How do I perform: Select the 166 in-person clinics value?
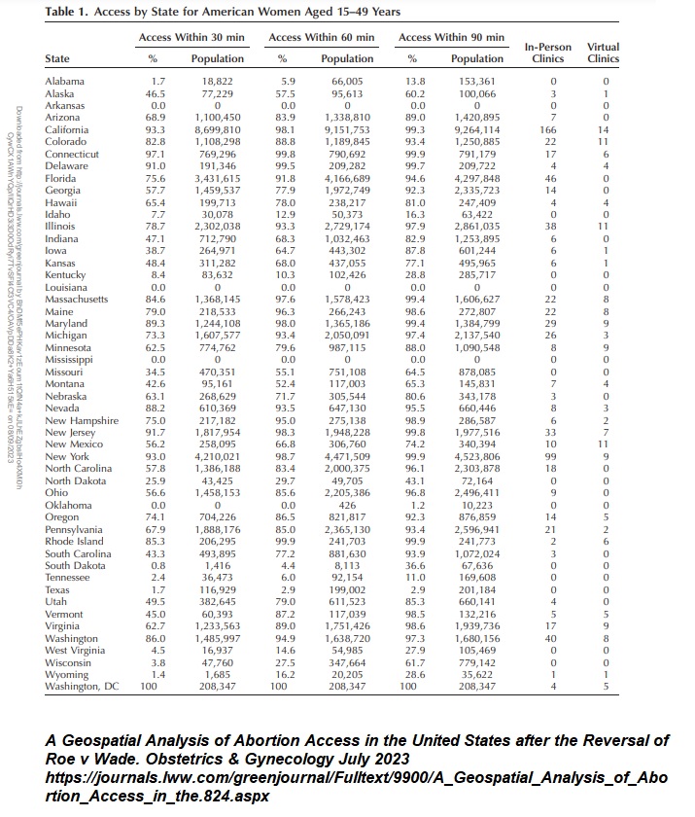[x=553, y=129]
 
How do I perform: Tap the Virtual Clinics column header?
[x=604, y=53]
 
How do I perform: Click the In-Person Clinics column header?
[x=548, y=53]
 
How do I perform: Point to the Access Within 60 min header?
[x=320, y=37]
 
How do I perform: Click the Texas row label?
[x=58, y=589]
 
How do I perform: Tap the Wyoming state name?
[x=66, y=675]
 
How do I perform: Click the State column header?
[x=57, y=59]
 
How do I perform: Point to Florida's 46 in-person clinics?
[x=553, y=178]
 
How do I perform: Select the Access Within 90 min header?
[x=451, y=37]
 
